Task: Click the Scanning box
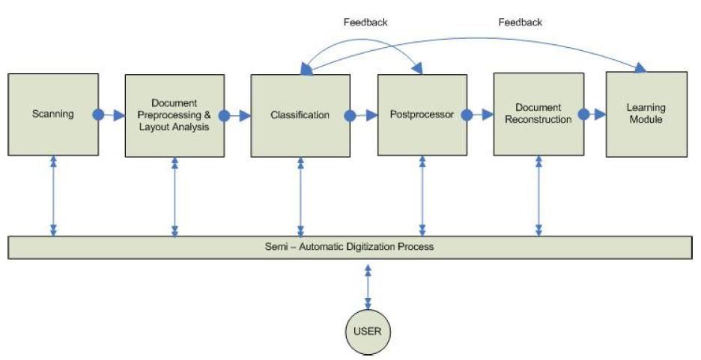pos(53,115)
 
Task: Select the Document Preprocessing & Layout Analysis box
pos(175,115)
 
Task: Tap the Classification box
pos(300,115)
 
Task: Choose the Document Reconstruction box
pos(538,114)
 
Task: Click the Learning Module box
pos(646,114)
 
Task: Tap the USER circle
pos(368,330)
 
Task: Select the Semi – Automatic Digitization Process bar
pos(350,247)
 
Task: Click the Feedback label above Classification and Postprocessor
pos(365,22)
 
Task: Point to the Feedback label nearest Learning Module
pos(520,22)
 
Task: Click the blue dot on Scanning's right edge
pos(98,115)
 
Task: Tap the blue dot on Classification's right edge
pos(349,115)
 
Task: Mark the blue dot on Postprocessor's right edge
pos(467,115)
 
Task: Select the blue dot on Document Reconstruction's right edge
pos(583,115)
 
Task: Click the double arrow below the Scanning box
pos(53,195)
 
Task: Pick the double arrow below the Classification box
pos(300,195)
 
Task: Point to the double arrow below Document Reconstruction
pos(538,195)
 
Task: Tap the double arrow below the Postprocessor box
pos(422,195)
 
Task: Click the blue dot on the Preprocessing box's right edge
pos(223,115)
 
